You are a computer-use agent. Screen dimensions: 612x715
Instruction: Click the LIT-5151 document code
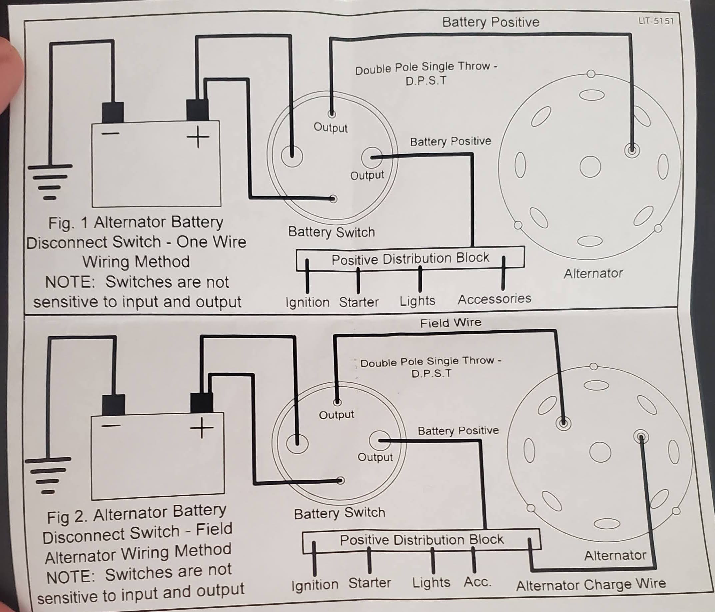pos(656,21)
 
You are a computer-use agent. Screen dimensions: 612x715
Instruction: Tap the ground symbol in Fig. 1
pos(50,182)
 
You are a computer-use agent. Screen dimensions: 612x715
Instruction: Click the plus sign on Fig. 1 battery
pos(198,137)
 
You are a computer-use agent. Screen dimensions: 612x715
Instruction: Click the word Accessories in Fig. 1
pos(494,299)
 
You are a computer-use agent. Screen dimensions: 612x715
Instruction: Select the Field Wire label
pos(451,323)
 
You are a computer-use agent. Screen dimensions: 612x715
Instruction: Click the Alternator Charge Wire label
pos(591,584)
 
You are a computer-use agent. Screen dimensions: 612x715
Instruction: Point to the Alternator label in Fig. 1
pos(593,273)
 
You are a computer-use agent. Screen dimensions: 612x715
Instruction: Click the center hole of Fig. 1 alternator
pos(590,166)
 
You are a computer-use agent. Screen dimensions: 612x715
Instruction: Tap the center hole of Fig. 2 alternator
pos(600,452)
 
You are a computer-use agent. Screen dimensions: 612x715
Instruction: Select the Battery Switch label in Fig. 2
pos(339,513)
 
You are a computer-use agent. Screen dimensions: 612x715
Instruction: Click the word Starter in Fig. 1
pos(358,302)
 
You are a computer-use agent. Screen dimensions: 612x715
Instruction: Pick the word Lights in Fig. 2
pos(431,582)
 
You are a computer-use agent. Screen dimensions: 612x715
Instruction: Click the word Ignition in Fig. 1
pos(307,302)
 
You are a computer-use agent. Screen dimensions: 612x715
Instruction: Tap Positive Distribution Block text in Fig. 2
pos(421,540)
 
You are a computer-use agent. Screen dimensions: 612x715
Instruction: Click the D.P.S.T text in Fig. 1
pos(426,81)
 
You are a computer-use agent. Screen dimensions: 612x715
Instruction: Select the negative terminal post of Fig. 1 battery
pos(113,112)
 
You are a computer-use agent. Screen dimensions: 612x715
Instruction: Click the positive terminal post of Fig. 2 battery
pos(202,403)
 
